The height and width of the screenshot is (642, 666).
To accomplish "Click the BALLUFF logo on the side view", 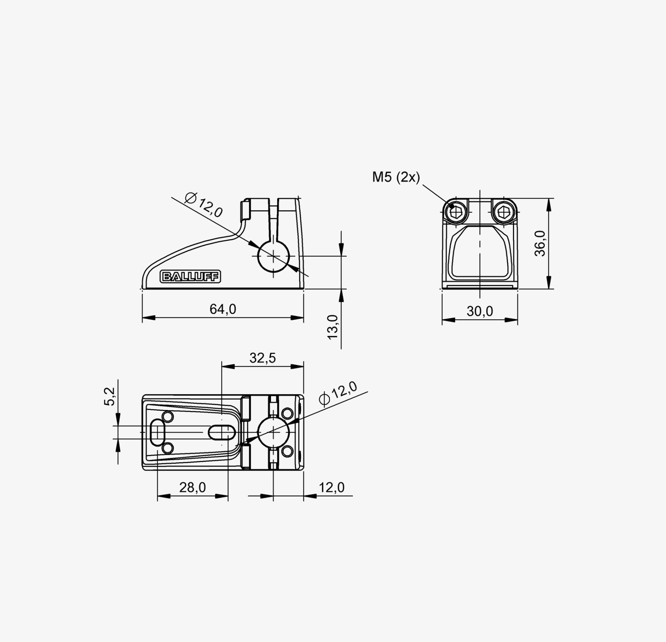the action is [x=190, y=277].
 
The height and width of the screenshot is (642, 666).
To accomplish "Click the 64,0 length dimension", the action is [x=223, y=309].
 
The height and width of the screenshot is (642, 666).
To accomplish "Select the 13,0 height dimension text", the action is [x=333, y=327].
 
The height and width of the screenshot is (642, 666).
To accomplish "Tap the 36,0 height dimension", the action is [x=540, y=244].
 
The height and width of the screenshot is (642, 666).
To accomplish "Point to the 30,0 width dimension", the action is [x=480, y=311].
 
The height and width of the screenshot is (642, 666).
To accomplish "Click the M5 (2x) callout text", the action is [x=396, y=177].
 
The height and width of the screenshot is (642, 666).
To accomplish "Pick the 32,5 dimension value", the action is [x=263, y=358].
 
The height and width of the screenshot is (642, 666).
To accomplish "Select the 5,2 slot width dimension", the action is [x=109, y=397].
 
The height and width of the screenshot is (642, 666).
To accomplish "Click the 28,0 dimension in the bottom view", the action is [x=193, y=487].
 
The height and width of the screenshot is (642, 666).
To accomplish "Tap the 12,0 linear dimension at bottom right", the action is [x=332, y=487].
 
